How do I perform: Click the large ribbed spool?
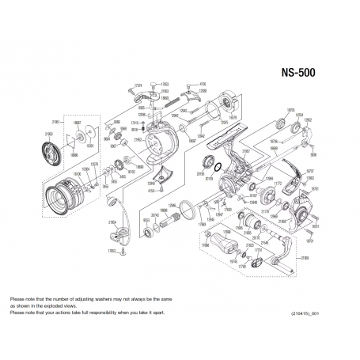pos(66,196)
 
